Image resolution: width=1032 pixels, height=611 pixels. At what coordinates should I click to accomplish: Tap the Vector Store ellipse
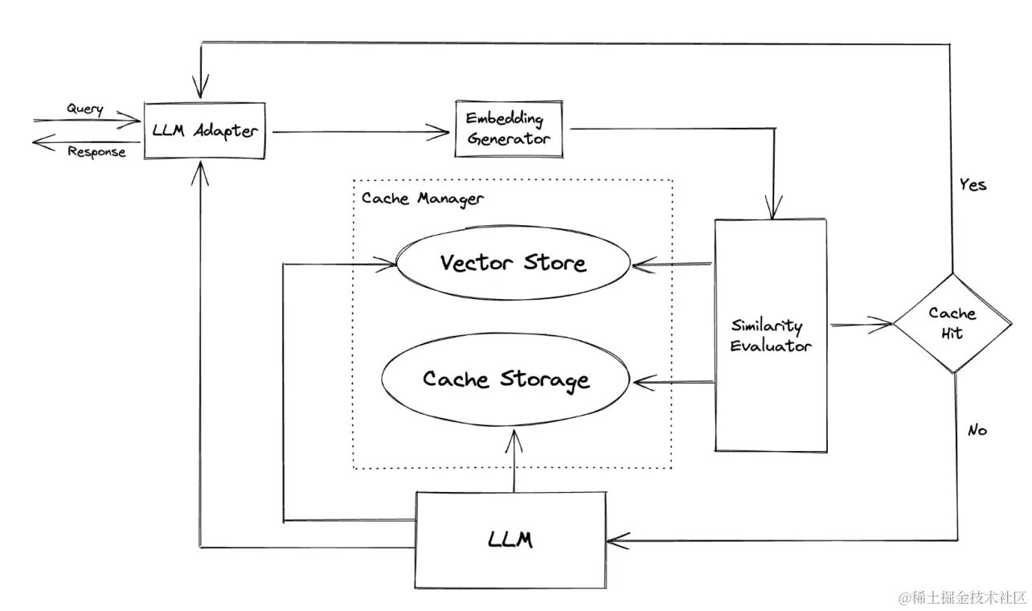[513, 263]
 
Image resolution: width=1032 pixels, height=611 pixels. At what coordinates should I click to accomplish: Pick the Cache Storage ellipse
[506, 379]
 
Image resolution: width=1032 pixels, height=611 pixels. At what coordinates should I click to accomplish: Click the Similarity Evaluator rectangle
[770, 335]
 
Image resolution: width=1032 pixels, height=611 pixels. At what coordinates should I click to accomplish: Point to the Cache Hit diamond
[952, 322]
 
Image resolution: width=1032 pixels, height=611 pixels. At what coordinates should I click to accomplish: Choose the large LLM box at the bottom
[510, 539]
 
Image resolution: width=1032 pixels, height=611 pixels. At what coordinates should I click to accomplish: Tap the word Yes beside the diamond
[972, 185]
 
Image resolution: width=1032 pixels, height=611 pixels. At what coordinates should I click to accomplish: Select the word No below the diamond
[977, 430]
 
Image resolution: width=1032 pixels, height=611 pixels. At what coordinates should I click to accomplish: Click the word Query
[84, 109]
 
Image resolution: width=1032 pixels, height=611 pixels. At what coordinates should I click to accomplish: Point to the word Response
[96, 151]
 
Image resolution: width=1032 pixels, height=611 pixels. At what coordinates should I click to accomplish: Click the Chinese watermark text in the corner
[962, 597]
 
